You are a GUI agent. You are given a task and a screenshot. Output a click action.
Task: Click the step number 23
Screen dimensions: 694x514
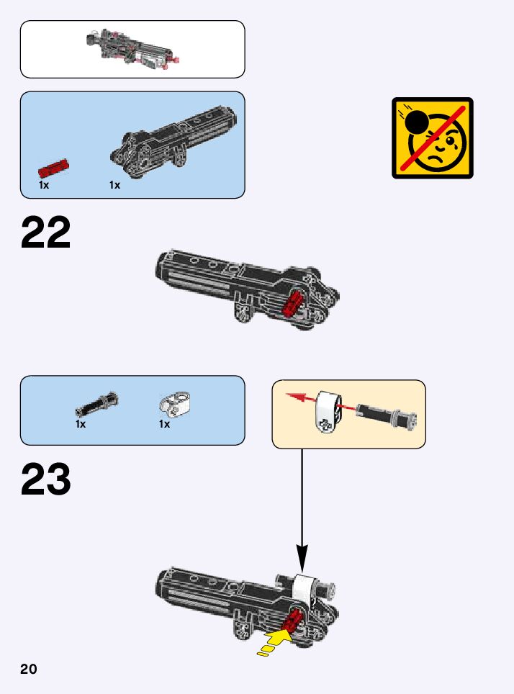(x=46, y=480)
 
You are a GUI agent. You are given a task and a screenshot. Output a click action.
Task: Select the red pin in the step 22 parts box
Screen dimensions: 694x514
(x=53, y=169)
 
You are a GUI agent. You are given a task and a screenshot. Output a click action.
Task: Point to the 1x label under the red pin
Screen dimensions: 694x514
(x=44, y=185)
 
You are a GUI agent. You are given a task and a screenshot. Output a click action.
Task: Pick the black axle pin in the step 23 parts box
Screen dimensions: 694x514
(x=96, y=405)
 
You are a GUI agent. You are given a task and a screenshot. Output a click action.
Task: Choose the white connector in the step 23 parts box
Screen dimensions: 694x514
(x=171, y=405)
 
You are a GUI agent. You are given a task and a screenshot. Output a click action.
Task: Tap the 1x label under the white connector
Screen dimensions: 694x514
(x=164, y=424)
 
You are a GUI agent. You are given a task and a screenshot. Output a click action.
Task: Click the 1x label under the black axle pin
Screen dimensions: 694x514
(x=81, y=424)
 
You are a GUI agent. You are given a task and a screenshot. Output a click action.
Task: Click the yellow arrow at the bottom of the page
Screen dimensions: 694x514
(x=276, y=641)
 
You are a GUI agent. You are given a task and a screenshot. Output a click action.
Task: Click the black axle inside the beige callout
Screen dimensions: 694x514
(x=389, y=415)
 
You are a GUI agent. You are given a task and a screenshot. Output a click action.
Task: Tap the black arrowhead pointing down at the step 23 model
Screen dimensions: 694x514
(x=302, y=559)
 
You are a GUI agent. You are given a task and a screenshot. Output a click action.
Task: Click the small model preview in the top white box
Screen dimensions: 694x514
(x=132, y=49)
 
